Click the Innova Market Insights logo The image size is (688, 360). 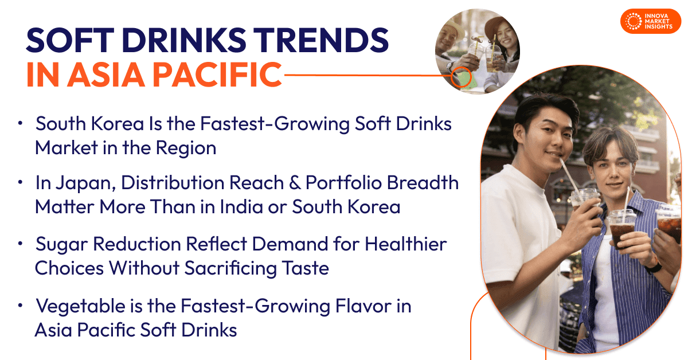(x=651, y=21)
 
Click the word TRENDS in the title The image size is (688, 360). (x=320, y=41)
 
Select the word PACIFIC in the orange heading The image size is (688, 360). (x=217, y=75)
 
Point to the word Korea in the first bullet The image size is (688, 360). (x=118, y=124)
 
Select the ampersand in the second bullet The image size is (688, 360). (x=295, y=183)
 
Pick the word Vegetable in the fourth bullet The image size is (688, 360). (x=80, y=307)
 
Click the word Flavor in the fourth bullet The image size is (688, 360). (x=363, y=306)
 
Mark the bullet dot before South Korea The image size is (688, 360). (x=20, y=123)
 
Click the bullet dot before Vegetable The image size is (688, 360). (x=20, y=306)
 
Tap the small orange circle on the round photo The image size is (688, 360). (x=461, y=77)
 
